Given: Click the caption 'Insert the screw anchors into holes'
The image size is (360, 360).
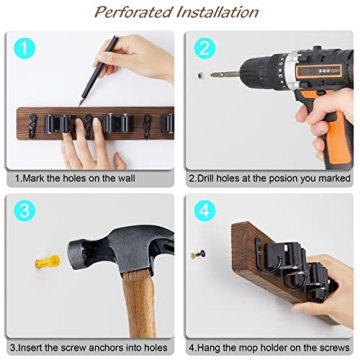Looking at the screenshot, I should tap(91, 346).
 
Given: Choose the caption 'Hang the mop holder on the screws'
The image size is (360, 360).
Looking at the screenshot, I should tap(269, 346).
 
